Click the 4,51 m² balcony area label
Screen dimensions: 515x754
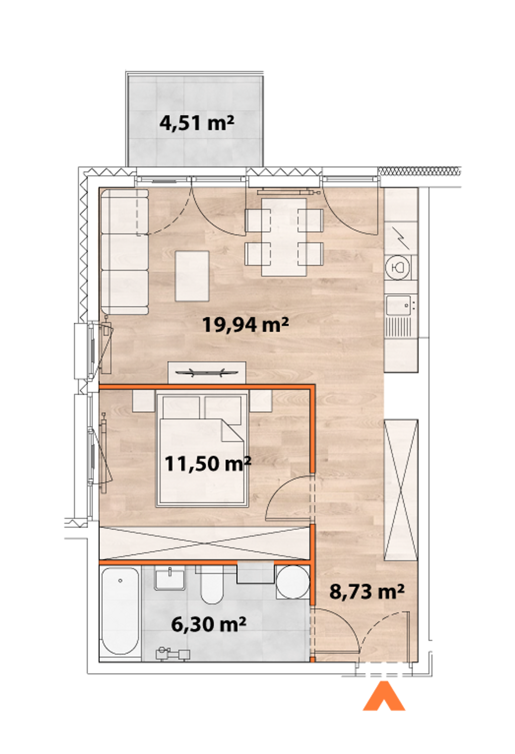(197, 124)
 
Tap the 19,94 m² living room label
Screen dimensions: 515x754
(245, 325)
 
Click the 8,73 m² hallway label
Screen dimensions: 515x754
(367, 591)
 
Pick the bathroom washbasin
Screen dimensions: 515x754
(170, 578)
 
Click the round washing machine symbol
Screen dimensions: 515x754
(293, 583)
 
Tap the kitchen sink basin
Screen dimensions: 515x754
(398, 305)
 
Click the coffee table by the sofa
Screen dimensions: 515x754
(192, 276)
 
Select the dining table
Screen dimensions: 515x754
(284, 237)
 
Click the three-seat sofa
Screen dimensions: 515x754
(125, 252)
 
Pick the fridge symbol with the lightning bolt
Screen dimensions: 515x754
(401, 238)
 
